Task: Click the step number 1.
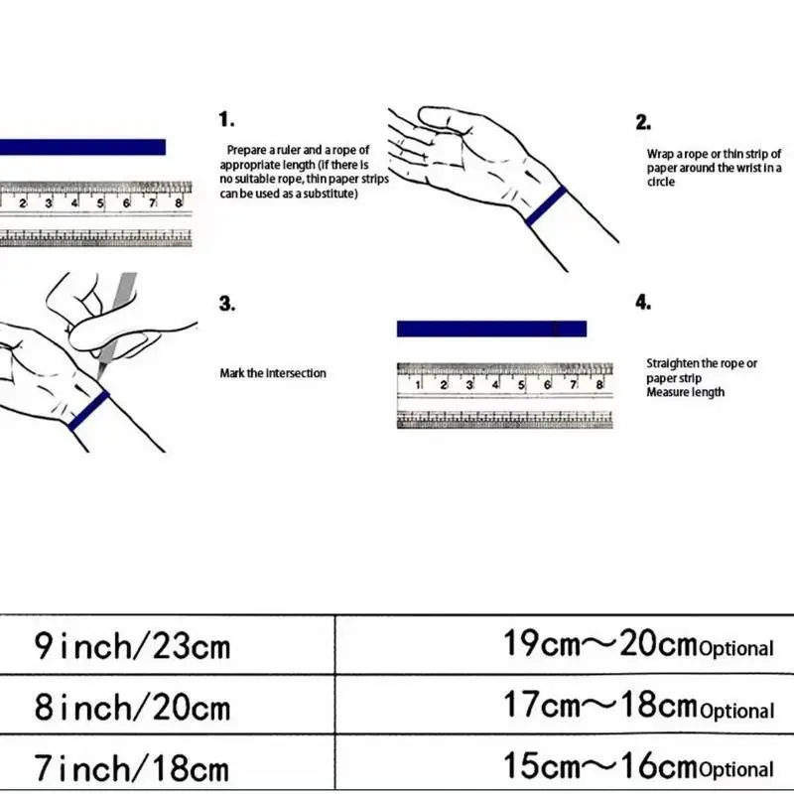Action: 226,120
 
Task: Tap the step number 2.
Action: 643,123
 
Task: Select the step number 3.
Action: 226,304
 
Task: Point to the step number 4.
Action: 643,303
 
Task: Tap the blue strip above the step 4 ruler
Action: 491,329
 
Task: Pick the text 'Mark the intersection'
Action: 272,373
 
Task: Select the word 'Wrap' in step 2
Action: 659,155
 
